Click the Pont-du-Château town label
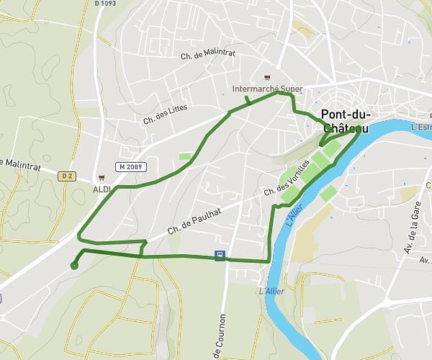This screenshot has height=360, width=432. click(345, 121)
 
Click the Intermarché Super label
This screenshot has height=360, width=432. click(268, 89)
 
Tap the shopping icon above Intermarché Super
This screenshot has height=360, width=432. click(268, 78)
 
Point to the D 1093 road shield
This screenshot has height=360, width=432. click(105, 4)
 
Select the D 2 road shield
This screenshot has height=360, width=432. click(68, 175)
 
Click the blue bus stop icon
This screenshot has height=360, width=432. click(220, 255)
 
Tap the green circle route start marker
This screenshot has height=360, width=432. click(74, 266)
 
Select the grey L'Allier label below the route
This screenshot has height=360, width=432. click(271, 291)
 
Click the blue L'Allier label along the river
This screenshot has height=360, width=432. click(292, 217)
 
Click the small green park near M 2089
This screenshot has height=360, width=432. click(186, 156)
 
